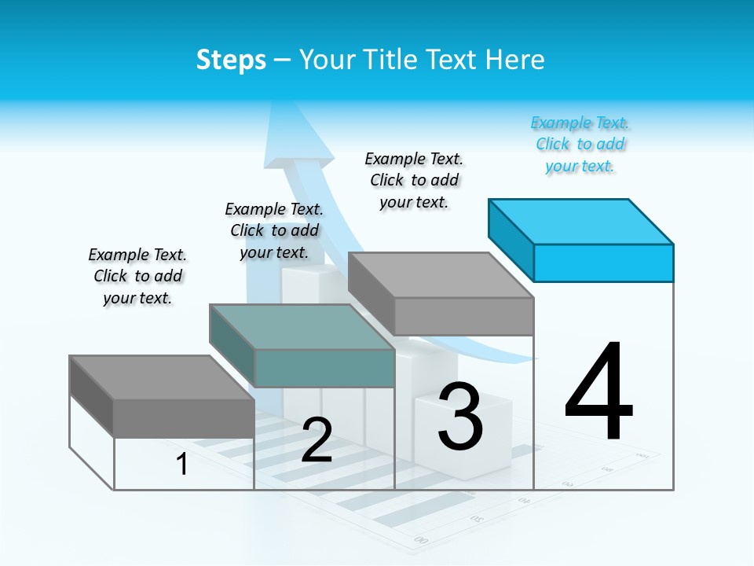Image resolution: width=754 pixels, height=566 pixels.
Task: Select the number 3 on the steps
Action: coord(460,417)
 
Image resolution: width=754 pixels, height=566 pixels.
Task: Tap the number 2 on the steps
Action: coord(317,440)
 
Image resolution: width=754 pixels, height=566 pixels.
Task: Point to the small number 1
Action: coord(181,464)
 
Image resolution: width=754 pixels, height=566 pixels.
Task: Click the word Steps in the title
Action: coord(231,60)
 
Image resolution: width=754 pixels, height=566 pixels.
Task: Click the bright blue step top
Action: coord(581,221)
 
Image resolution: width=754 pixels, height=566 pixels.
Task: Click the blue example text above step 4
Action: coord(580,144)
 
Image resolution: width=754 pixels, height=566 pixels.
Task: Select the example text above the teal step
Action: coord(274,230)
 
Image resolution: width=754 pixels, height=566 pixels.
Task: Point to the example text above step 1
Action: coord(137,276)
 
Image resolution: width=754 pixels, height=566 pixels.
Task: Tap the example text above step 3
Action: coord(414,180)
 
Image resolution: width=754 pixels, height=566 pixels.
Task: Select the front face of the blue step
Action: coord(603,263)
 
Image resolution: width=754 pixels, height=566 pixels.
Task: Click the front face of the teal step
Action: coord(324,368)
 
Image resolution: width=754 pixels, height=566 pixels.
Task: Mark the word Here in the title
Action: coord(515,60)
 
